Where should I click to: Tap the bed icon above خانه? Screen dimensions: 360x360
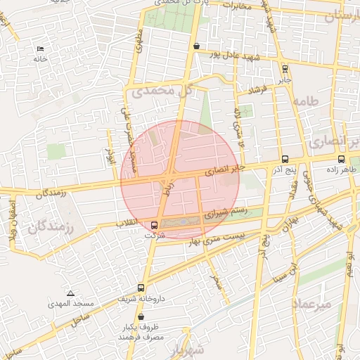click(39, 49)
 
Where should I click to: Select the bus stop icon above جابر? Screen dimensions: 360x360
click(284, 69)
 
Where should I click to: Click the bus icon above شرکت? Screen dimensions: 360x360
click(154, 225)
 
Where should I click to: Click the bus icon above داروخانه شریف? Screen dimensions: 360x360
click(142, 288)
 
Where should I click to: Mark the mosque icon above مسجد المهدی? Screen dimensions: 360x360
click(70, 292)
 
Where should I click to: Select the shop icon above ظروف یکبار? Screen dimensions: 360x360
click(142, 317)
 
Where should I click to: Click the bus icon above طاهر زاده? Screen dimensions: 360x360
click(341, 159)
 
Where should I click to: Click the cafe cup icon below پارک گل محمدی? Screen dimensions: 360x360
click(196, 46)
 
